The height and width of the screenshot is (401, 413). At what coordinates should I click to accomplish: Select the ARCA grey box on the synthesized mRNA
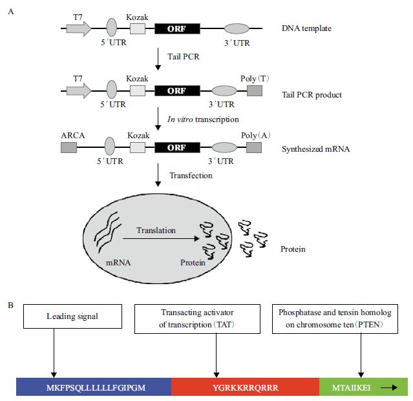(x=69, y=147)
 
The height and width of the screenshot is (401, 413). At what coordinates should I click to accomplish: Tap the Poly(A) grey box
(x=253, y=147)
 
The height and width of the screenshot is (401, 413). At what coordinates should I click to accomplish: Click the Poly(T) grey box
(x=253, y=91)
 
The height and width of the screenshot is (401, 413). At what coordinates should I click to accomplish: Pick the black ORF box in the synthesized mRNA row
(x=178, y=147)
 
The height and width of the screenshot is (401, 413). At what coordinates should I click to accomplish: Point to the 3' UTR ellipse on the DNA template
(x=236, y=28)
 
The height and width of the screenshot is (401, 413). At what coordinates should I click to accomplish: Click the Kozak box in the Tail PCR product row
(x=137, y=91)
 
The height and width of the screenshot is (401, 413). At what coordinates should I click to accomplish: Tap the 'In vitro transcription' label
(x=204, y=119)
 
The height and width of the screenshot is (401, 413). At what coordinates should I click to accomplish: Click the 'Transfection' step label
(x=191, y=175)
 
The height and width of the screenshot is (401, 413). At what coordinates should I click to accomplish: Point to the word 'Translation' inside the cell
(x=156, y=230)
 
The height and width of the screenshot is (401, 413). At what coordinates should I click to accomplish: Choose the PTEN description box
(x=340, y=318)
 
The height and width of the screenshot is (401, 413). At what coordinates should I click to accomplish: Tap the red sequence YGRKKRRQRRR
(x=245, y=387)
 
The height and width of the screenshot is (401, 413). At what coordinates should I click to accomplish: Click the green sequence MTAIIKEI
(x=350, y=387)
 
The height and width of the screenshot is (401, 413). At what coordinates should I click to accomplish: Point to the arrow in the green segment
(x=389, y=387)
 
